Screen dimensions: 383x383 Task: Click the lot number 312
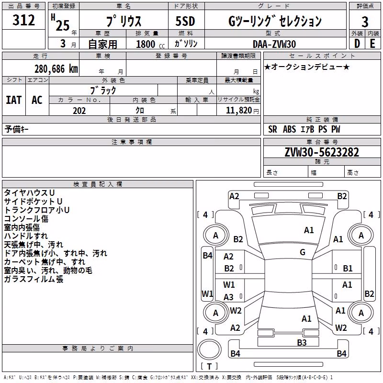tap(23, 20)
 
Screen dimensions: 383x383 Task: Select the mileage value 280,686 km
tap(56, 69)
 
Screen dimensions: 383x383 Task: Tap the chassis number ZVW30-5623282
tap(322, 152)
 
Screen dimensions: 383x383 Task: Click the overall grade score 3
tap(365, 22)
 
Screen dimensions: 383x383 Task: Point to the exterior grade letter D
tap(357, 44)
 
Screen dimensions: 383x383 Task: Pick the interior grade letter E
tap(372, 44)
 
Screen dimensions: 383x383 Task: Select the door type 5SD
tap(185, 21)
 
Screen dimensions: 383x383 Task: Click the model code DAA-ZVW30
tap(274, 44)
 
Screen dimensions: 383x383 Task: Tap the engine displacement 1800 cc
tap(150, 44)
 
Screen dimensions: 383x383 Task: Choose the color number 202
tap(79, 111)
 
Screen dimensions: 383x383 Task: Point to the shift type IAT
tap(14, 100)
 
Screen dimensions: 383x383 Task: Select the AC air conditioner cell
tap(37, 100)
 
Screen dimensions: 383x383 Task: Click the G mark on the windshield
tap(303, 252)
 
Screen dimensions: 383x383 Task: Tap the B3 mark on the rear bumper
tap(302, 342)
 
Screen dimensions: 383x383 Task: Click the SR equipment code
tap(272, 129)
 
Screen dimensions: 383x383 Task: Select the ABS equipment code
tap(290, 129)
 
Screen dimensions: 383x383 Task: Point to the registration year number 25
tap(63, 25)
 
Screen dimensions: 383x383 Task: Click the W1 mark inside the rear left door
tap(229, 284)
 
